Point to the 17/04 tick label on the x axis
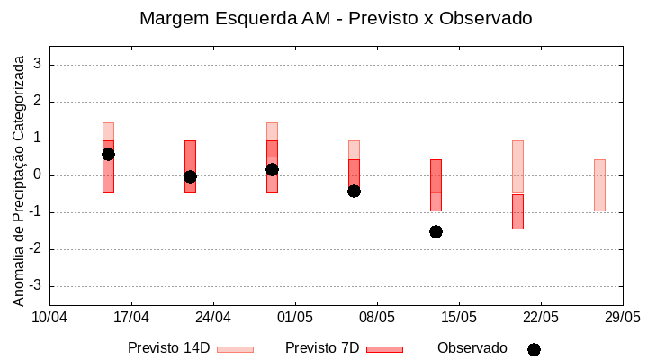pos(131,318)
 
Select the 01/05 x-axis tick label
pos(295,318)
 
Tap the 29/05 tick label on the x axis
pos(623,318)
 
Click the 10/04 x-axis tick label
pos(49,318)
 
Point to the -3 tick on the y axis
pos(38,286)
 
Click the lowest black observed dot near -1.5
pos(436,231)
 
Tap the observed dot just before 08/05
pos(354,191)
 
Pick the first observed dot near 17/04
pos(108,154)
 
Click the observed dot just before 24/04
pos(190,176)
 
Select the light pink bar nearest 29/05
pos(599,184)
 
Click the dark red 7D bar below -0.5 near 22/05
pos(517,211)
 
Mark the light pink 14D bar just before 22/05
pos(517,166)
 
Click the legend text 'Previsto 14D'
pos(168,348)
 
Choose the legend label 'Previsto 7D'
pos(322,348)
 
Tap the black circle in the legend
pos(534,349)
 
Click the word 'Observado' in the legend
pos(472,348)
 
